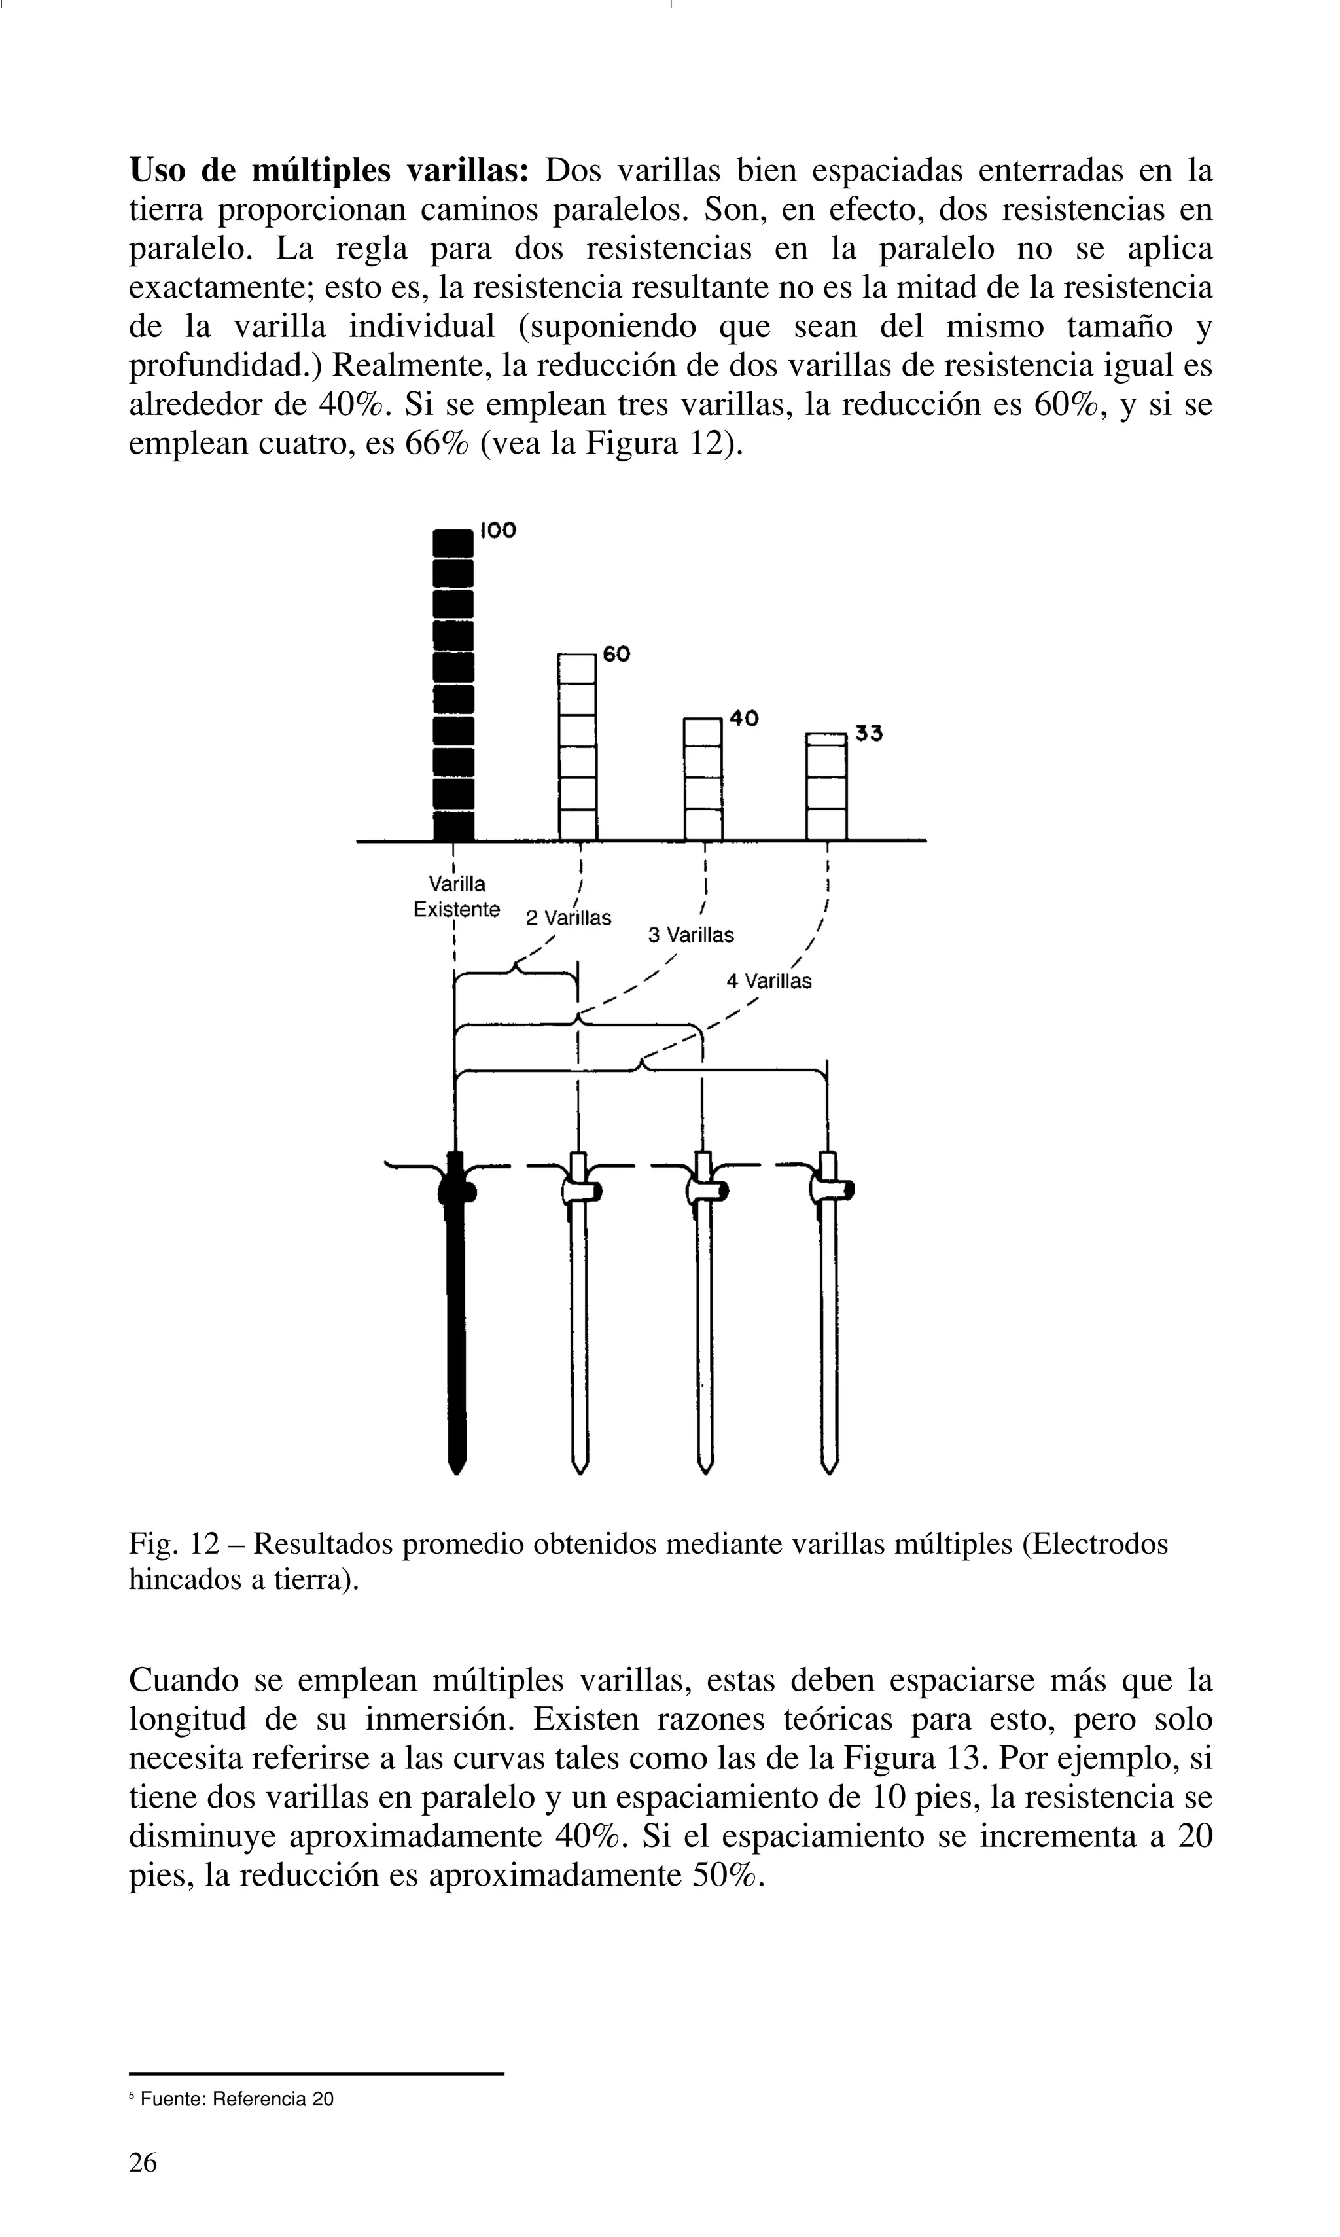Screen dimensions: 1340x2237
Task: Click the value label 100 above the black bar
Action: click(x=499, y=531)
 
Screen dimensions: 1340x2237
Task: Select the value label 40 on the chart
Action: click(x=744, y=718)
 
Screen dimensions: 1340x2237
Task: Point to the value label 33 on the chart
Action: click(x=869, y=733)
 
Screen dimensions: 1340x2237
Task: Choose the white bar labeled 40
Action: click(x=703, y=778)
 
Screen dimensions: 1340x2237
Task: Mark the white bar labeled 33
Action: click(x=826, y=786)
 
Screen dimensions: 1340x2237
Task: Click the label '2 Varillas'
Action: click(x=568, y=918)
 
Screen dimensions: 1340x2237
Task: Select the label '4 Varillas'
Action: click(x=768, y=982)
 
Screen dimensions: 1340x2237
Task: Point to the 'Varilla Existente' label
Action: click(x=456, y=897)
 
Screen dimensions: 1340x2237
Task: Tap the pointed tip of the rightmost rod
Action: click(x=830, y=1467)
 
